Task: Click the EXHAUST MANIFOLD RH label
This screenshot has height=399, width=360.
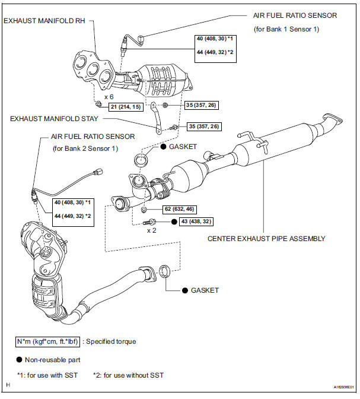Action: [x=44, y=21]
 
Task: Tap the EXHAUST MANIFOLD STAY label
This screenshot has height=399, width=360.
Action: [x=54, y=119]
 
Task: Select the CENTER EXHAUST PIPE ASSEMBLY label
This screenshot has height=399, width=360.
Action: [x=266, y=239]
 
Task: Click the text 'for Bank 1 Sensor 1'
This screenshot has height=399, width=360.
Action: [x=286, y=29]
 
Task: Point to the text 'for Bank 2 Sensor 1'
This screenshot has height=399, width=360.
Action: [x=85, y=148]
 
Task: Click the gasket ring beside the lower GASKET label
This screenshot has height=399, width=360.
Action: [x=164, y=271]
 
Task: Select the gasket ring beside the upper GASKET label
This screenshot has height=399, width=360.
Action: [x=141, y=160]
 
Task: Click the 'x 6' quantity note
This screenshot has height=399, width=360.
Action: [x=109, y=97]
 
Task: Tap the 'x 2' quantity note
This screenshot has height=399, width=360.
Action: [x=151, y=230]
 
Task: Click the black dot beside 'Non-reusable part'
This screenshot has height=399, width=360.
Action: [x=20, y=360]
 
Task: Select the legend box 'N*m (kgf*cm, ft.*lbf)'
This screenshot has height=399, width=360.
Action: [x=47, y=341]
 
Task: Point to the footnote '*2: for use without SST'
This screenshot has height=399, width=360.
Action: [x=128, y=375]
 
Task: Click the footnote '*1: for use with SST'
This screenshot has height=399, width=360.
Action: [x=47, y=375]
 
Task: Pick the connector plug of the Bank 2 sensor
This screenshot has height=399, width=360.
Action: [x=98, y=172]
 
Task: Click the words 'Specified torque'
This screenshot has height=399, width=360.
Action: [x=111, y=341]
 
